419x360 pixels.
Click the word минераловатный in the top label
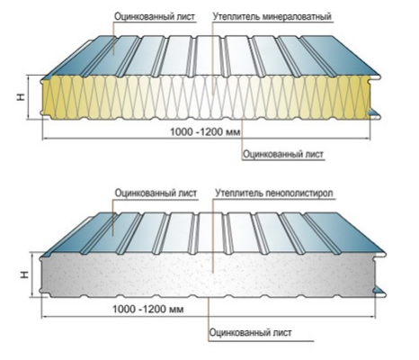click(x=297, y=16)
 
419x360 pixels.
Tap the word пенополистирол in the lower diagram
click(x=299, y=193)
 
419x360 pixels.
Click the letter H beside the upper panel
click(x=21, y=97)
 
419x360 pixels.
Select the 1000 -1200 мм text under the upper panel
click(x=205, y=131)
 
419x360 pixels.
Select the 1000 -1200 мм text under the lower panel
click(x=147, y=309)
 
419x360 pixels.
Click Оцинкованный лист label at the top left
click(x=155, y=16)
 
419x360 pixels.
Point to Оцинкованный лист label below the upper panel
click(x=283, y=154)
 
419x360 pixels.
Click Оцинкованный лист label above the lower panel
click(x=156, y=193)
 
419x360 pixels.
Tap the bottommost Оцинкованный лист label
click(x=250, y=332)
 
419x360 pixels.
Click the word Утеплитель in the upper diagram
click(x=236, y=16)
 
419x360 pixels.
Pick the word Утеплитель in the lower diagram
click(x=239, y=193)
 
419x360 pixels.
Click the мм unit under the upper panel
click(x=234, y=132)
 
